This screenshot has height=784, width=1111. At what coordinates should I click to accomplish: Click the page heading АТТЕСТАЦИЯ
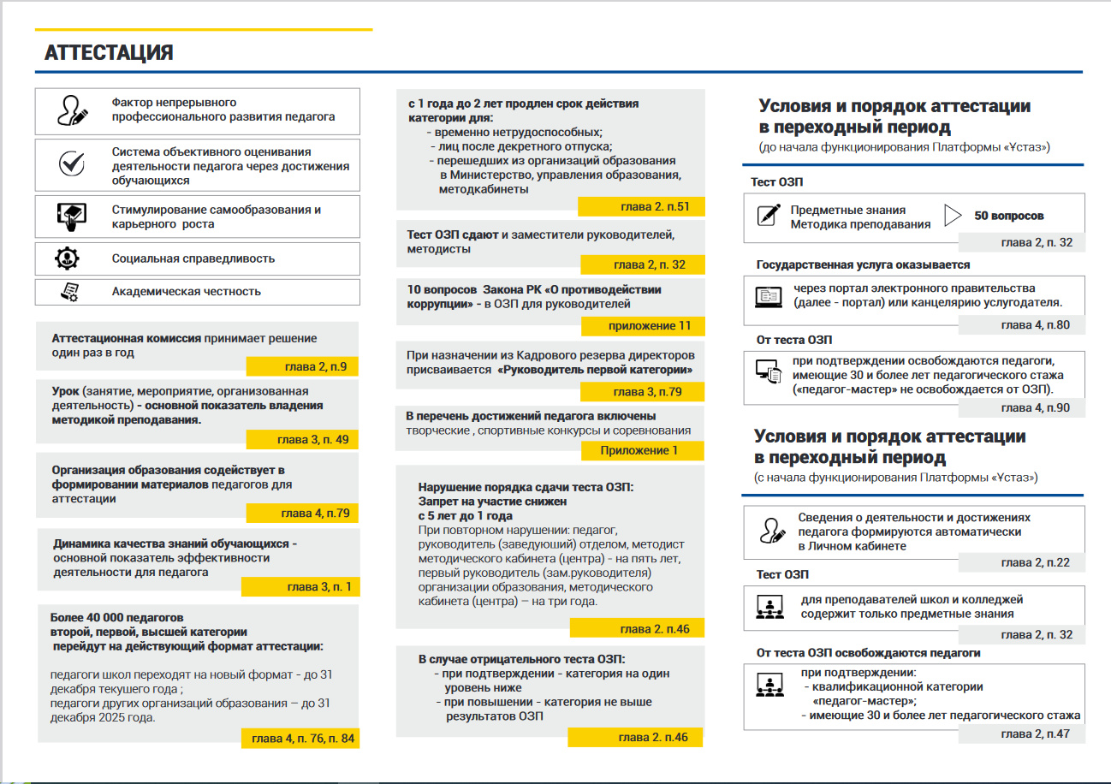(109, 53)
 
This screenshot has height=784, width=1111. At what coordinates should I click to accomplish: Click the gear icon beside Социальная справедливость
(68, 258)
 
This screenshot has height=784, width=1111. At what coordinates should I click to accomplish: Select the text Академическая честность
(186, 291)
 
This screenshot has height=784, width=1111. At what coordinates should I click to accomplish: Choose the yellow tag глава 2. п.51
(641, 208)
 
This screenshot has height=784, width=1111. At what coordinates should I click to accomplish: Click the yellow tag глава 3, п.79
(642, 392)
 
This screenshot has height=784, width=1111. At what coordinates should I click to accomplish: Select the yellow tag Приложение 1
(640, 450)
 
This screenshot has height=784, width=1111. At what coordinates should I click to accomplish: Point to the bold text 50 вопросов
(1008, 216)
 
